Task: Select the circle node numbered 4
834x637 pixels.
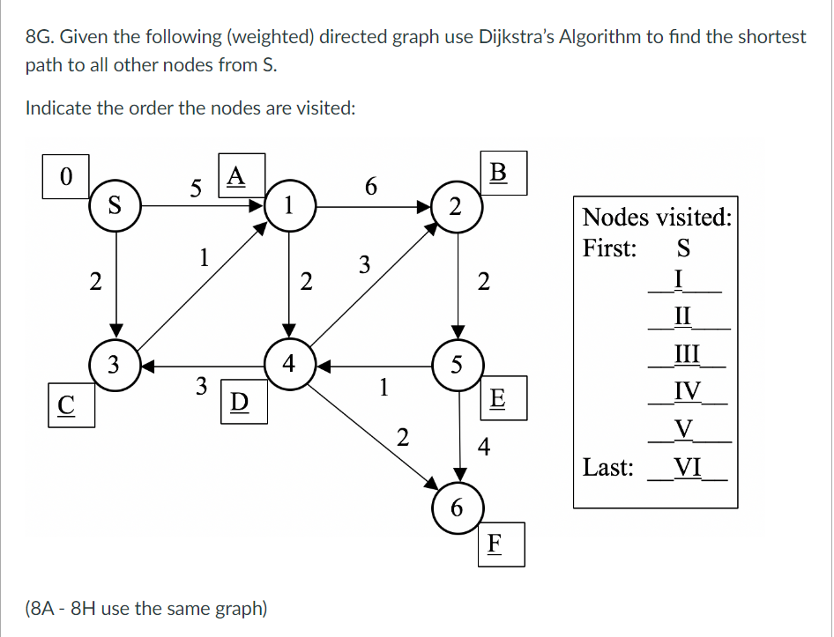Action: click(288, 363)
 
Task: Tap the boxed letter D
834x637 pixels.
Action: click(237, 401)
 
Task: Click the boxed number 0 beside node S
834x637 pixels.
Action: click(64, 174)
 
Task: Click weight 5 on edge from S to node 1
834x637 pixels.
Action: click(196, 188)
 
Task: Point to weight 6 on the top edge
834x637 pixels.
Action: click(370, 186)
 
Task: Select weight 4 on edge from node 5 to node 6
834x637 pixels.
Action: click(483, 448)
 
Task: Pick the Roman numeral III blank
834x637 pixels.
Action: click(687, 354)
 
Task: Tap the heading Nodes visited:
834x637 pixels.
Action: click(657, 217)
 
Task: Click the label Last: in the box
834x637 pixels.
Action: click(608, 467)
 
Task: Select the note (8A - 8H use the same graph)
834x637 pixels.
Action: click(146, 608)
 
